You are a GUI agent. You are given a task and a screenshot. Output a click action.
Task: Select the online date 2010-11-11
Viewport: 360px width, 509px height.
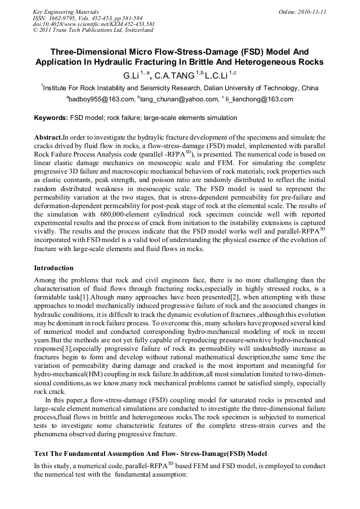click(x=311, y=11)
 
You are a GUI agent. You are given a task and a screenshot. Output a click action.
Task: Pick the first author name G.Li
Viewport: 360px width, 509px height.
click(x=131, y=76)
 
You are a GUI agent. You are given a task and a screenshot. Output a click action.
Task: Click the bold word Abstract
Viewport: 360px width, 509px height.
click(x=48, y=137)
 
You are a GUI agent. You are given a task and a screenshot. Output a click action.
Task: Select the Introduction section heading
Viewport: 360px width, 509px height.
click(x=54, y=268)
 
